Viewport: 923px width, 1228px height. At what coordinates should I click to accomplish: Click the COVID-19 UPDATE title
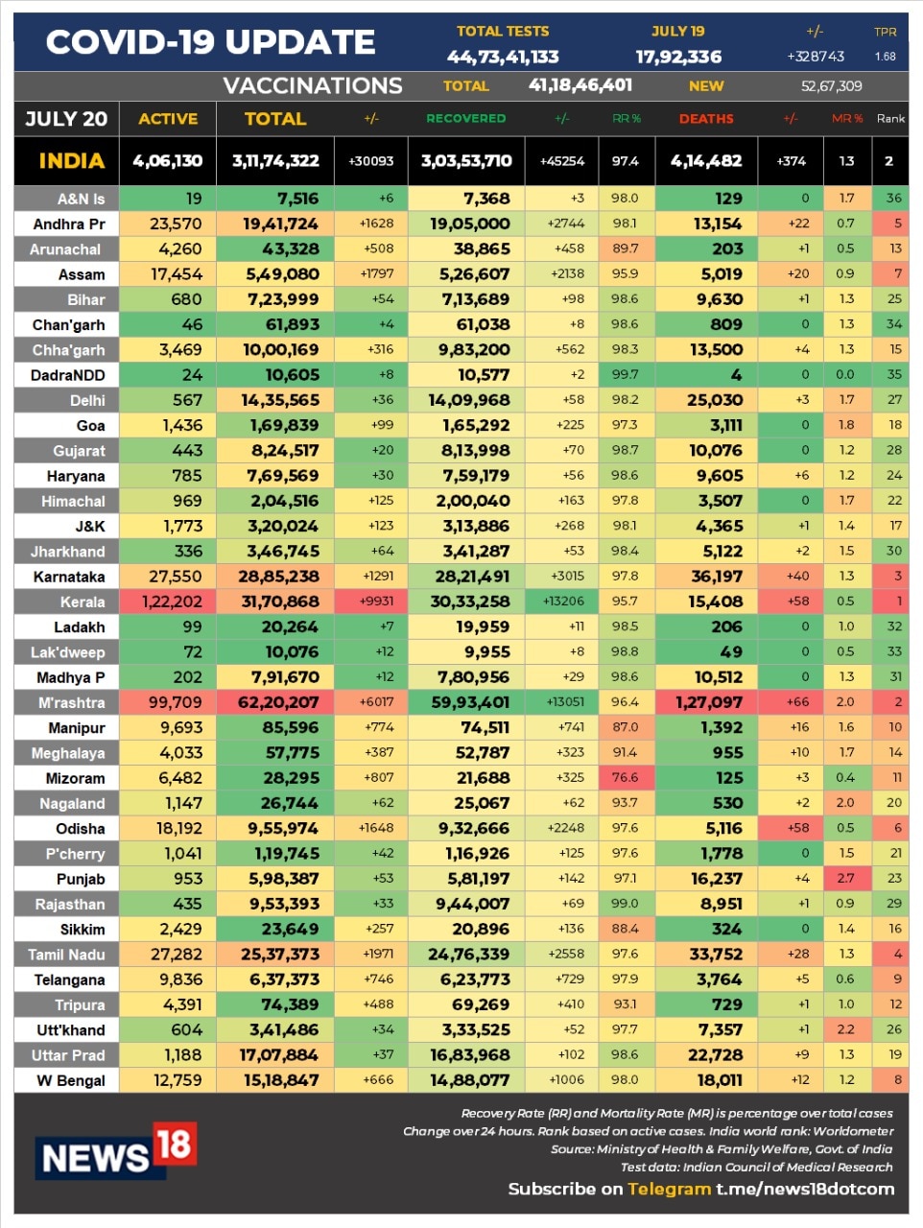(x=210, y=42)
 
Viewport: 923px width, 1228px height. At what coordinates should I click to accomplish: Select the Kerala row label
(x=82, y=602)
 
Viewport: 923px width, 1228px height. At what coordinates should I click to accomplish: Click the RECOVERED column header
(x=465, y=119)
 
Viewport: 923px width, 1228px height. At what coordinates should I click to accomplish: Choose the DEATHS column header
(x=706, y=119)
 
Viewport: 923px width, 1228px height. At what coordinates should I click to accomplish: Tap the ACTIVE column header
(x=168, y=119)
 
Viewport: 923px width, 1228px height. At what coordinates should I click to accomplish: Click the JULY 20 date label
(x=66, y=119)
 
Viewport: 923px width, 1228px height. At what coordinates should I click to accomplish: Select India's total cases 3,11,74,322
(x=275, y=161)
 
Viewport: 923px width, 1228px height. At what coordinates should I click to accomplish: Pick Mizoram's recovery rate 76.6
(x=625, y=778)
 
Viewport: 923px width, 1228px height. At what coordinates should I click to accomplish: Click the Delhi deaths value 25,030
(x=715, y=400)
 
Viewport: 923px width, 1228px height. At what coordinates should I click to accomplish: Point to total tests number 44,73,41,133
(x=503, y=58)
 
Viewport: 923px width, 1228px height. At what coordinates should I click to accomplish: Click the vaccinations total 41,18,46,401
(x=580, y=85)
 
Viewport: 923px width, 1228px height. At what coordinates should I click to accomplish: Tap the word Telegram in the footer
(x=669, y=1189)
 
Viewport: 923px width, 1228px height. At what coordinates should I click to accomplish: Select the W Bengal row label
(x=71, y=1080)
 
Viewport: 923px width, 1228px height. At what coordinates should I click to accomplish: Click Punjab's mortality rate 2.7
(x=845, y=878)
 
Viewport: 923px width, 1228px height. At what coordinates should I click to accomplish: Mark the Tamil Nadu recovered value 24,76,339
(x=468, y=955)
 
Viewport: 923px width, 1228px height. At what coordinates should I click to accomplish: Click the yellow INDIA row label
(x=71, y=161)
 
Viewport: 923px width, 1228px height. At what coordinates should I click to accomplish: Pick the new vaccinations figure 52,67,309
(x=831, y=86)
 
